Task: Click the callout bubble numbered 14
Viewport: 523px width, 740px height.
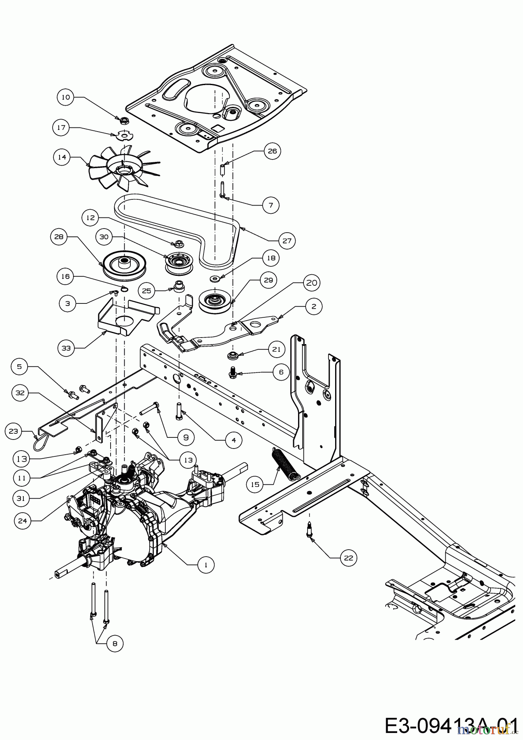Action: tap(61, 157)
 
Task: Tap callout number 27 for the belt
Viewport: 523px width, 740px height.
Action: tap(287, 240)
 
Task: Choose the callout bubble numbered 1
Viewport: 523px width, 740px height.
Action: tap(206, 565)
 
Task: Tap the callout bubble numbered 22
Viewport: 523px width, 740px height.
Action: tap(349, 558)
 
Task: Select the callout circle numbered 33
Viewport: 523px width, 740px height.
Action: tap(66, 348)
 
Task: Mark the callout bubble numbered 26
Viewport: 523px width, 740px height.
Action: tap(272, 151)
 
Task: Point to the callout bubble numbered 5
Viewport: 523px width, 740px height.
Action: tap(19, 366)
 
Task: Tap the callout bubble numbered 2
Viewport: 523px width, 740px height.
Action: tap(314, 306)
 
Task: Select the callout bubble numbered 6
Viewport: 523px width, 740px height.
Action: tap(281, 372)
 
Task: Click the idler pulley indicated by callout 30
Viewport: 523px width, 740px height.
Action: tap(178, 263)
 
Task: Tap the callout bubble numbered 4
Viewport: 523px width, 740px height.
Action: tap(234, 440)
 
